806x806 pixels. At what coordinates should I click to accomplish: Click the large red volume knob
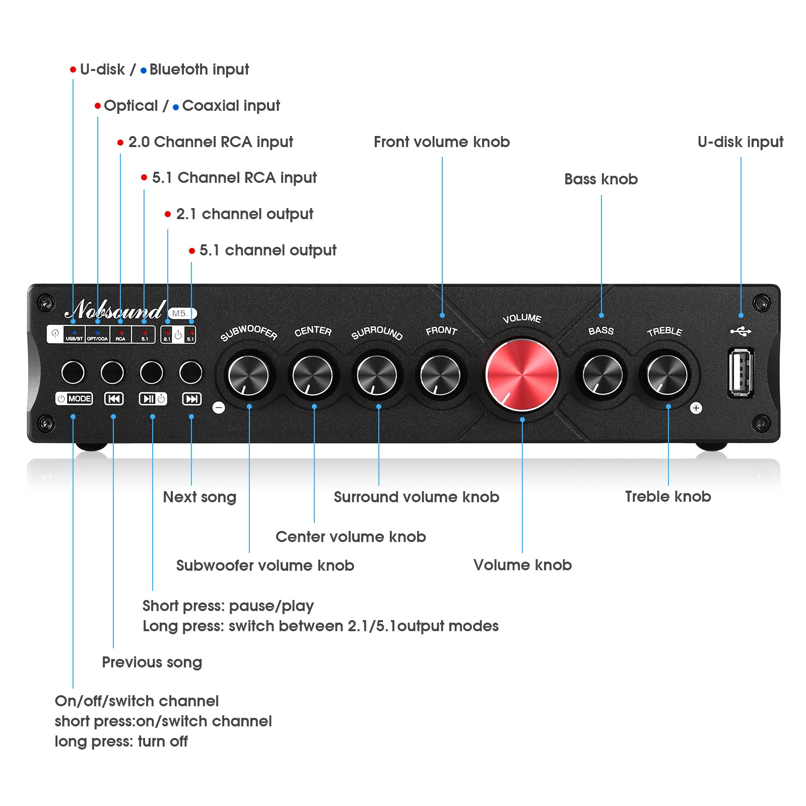click(522, 375)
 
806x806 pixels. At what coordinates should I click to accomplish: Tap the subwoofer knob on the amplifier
click(248, 375)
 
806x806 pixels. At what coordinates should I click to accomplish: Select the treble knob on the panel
click(667, 375)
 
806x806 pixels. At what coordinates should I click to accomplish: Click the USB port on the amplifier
click(741, 373)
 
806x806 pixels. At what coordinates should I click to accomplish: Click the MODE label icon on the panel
click(74, 399)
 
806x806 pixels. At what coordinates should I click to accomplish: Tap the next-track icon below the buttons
click(191, 399)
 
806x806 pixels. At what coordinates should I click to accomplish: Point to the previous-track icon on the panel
click(114, 399)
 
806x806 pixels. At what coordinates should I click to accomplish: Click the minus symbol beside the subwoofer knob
click(219, 408)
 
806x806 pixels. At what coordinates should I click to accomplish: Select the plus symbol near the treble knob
click(696, 408)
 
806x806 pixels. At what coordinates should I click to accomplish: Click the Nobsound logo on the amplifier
click(115, 310)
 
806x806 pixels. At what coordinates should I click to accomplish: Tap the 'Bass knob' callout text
click(600, 179)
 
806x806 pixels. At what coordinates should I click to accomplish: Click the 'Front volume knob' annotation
click(441, 142)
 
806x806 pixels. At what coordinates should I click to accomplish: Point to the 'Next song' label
click(199, 497)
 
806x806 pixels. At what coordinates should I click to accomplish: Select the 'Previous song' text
click(152, 662)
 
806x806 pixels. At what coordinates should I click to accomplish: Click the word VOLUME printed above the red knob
click(522, 318)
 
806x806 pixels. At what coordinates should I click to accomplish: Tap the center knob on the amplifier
click(312, 375)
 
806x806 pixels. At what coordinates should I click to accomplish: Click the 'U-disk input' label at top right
click(740, 142)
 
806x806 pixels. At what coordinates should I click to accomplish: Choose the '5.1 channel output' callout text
click(267, 250)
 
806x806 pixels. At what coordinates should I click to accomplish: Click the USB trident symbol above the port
click(741, 331)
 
